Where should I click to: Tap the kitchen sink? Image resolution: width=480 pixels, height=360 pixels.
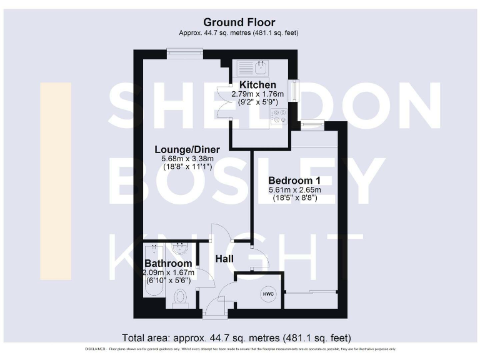point(259,67)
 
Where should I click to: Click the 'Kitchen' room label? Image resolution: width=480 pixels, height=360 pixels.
point(257,85)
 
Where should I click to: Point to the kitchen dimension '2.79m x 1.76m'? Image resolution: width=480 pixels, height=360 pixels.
point(257,94)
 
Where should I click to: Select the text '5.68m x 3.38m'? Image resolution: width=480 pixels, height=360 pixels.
point(187,159)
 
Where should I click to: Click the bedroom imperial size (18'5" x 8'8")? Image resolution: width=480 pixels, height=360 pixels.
point(294,198)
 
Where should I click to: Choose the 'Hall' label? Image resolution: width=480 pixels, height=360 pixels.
point(224,258)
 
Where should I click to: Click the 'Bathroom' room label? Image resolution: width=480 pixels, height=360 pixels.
point(168,263)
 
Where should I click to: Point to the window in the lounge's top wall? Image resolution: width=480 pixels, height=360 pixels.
point(186,54)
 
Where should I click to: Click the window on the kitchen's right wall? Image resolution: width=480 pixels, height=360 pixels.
point(292,88)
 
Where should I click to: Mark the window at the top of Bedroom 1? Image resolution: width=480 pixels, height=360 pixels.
point(312,126)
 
